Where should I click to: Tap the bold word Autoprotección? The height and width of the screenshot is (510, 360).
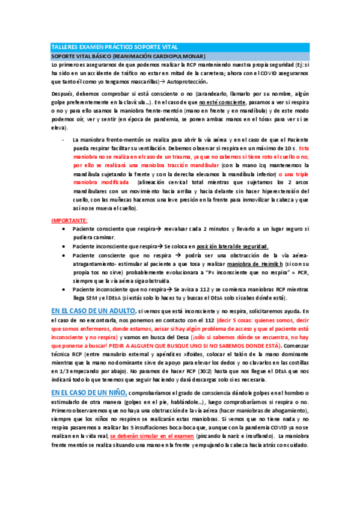click(187, 81)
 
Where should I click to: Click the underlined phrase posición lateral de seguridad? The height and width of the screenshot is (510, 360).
click(218, 247)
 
